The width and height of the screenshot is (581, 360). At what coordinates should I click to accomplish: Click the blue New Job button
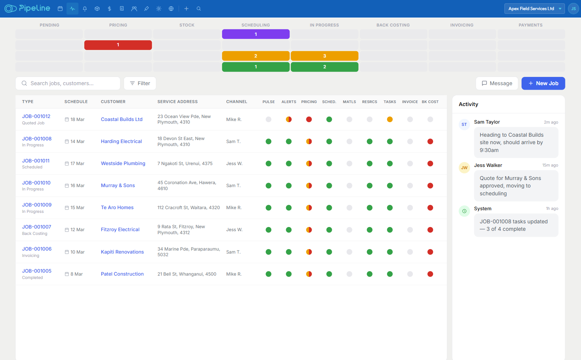point(543,83)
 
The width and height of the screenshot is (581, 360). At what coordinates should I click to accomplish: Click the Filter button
point(140,83)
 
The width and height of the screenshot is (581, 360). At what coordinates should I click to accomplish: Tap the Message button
point(497,83)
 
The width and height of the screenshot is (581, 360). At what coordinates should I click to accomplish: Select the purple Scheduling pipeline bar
point(256,34)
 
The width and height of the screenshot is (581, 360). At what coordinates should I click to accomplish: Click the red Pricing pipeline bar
point(118,45)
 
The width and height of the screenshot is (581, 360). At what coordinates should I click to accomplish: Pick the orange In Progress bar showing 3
point(324,56)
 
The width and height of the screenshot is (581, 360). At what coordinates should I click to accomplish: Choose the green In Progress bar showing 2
point(324,67)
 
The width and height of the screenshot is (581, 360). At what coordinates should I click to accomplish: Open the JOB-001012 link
point(36,116)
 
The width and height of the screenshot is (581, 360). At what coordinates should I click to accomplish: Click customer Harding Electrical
point(121,142)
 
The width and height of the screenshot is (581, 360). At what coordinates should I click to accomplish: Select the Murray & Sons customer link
point(118,186)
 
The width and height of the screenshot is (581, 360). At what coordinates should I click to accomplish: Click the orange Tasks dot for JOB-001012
point(390,120)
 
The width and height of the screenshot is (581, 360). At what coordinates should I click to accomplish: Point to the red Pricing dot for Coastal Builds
point(309,120)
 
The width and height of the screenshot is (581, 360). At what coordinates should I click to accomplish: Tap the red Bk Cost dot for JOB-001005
point(430,274)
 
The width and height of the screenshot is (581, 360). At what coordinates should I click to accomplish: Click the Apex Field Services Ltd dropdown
point(534,9)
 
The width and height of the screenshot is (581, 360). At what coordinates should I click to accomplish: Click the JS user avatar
point(573,9)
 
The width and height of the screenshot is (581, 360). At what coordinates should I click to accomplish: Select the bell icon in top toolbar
point(85,9)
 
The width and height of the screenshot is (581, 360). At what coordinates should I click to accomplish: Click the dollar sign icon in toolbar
point(109,9)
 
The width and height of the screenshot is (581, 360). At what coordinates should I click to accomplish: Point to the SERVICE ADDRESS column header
point(177,102)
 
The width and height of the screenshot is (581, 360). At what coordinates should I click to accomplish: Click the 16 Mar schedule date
point(77,186)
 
